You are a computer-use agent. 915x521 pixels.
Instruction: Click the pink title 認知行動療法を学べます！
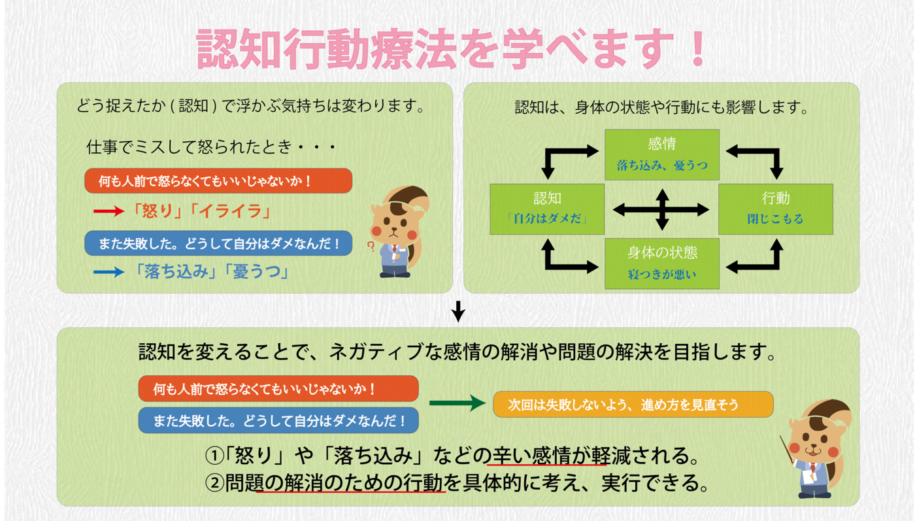[451, 49]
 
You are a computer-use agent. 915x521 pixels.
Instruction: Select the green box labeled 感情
[661, 154]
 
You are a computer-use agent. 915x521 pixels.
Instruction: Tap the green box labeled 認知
[547, 209]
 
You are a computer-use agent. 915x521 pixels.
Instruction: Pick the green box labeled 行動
[775, 209]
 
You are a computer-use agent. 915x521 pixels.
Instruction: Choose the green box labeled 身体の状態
[661, 263]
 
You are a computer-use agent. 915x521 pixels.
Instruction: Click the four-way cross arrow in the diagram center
[661, 210]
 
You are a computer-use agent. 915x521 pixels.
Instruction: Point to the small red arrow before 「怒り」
[108, 211]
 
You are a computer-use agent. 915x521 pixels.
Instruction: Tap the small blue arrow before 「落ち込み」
[108, 271]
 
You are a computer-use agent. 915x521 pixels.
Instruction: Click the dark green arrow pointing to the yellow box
[457, 403]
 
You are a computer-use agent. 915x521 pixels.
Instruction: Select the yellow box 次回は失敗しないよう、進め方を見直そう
[633, 405]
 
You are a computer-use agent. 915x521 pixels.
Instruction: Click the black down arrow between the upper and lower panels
[458, 311]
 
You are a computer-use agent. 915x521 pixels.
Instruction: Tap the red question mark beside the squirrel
[371, 246]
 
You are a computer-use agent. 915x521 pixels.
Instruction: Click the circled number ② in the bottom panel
[214, 483]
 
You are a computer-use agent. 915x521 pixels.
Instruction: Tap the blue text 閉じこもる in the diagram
[775, 219]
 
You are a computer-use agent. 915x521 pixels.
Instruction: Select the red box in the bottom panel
[278, 389]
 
